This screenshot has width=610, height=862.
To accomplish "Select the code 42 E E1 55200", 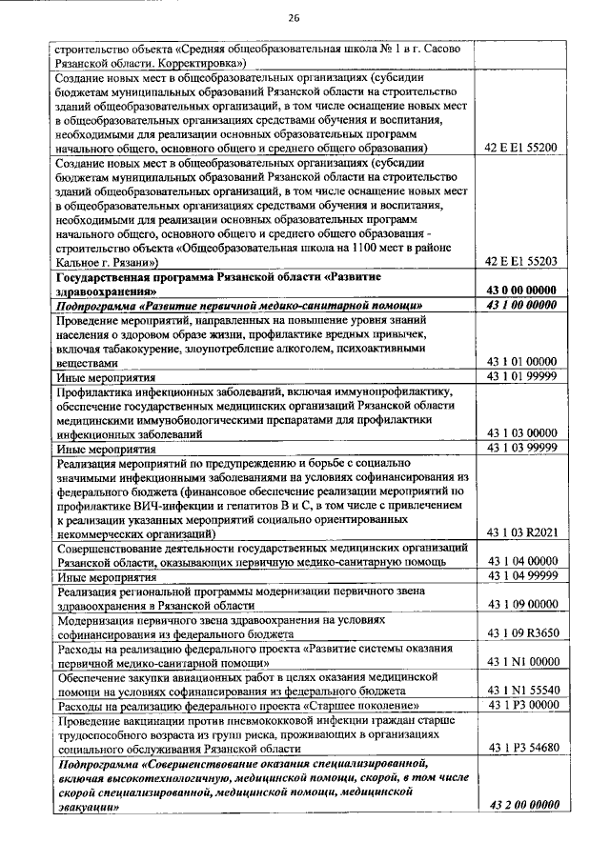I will (520, 148).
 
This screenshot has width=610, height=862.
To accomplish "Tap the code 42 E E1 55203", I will (520, 261).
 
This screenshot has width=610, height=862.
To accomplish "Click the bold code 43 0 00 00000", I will (520, 290).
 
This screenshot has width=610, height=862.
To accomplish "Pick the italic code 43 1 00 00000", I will (520, 305).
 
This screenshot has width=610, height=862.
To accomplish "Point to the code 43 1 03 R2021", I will (520, 533).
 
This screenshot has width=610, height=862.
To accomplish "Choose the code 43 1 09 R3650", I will (520, 632).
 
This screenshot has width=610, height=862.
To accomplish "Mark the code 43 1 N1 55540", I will (520, 690).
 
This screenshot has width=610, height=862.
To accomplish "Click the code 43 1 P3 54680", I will (520, 749).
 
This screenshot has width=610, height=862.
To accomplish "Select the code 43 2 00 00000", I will (520, 807).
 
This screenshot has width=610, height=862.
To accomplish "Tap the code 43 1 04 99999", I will (520, 575).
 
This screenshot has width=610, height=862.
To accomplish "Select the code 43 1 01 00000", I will (520, 362).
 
